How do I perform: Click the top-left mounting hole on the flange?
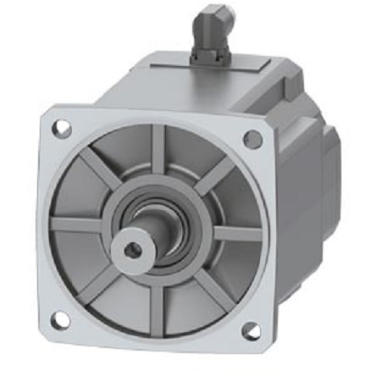(x=62, y=129)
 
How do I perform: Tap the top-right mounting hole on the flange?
(x=252, y=140)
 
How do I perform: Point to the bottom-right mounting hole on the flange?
(x=251, y=330)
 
